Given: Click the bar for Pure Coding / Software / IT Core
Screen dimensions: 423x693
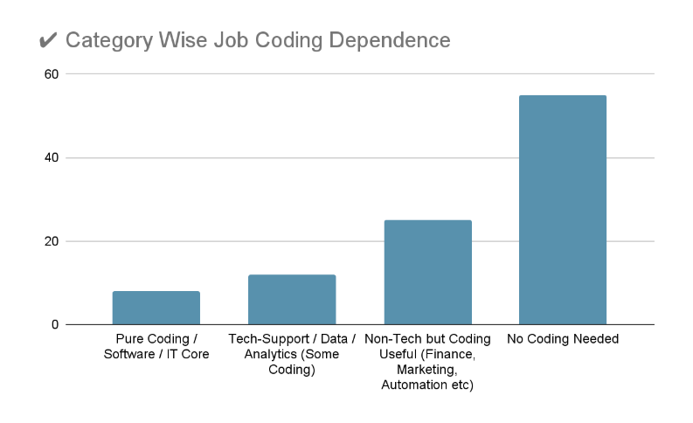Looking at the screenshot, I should [x=156, y=308].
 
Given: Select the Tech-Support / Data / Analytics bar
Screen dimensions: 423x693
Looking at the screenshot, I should [x=292, y=300].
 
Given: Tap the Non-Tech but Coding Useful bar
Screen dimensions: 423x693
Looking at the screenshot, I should [x=427, y=273].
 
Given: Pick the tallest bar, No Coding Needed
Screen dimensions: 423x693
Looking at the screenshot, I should [x=563, y=210].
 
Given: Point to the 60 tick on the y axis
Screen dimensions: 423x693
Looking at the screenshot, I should [x=52, y=74].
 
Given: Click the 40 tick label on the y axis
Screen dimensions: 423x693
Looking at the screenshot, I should [x=52, y=158].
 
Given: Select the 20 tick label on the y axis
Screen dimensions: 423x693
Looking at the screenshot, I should [x=52, y=241].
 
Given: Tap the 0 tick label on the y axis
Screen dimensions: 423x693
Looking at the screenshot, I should [x=55, y=325].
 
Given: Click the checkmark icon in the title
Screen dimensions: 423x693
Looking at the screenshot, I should [x=49, y=41].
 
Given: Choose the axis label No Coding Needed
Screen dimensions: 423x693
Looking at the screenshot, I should [x=563, y=339].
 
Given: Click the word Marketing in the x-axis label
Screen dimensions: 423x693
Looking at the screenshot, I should [x=427, y=371].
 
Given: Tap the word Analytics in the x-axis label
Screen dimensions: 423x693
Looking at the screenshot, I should [x=260, y=355].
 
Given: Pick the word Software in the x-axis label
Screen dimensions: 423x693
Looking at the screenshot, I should [x=130, y=355].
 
